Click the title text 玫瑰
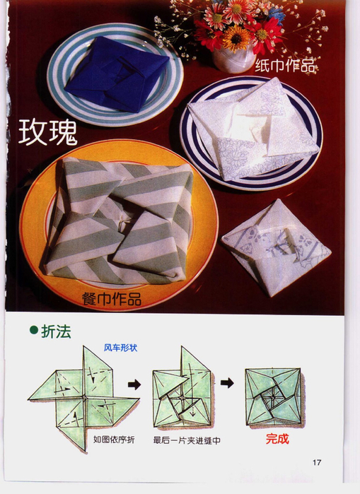pyautogui.click(x=48, y=133)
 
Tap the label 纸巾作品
pyautogui.click(x=285, y=66)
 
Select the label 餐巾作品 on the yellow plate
pyautogui.click(x=112, y=299)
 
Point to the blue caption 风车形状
pyautogui.click(x=121, y=348)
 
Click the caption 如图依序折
pyautogui.click(x=114, y=440)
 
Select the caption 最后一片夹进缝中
pyautogui.click(x=187, y=440)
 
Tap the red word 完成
pyautogui.click(x=277, y=439)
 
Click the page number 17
pyautogui.click(x=317, y=462)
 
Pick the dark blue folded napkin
pyautogui.click(x=117, y=74)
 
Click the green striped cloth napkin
pyautogui.click(x=119, y=220)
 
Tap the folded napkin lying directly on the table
pyautogui.click(x=276, y=247)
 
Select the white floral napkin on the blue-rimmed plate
pyautogui.click(x=253, y=129)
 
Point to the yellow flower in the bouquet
pyautogui.click(x=236, y=38)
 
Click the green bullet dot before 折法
pyautogui.click(x=34, y=330)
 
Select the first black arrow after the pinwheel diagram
pyautogui.click(x=134, y=384)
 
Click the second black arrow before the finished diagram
pyautogui.click(x=227, y=384)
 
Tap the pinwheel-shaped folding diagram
pyautogui.click(x=84, y=399)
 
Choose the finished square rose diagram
pyautogui.click(x=273, y=398)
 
